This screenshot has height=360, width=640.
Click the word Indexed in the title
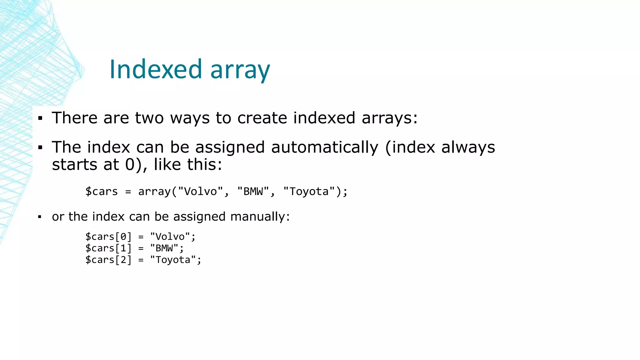[156, 69]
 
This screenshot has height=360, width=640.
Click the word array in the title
[240, 71]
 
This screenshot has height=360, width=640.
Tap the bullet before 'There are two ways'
[40, 118]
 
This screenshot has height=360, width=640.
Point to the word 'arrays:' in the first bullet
[389, 118]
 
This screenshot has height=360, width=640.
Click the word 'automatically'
[324, 147]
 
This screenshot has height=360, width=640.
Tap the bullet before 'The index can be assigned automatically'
[40, 147]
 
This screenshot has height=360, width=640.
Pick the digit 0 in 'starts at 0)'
[130, 165]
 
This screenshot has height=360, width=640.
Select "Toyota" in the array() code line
[309, 192]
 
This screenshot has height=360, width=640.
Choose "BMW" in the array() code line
[253, 192]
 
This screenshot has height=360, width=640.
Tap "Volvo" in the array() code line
[200, 192]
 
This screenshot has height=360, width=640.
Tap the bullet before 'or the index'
[40, 217]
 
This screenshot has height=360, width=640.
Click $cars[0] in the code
[108, 237]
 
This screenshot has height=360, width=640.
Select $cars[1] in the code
[108, 248]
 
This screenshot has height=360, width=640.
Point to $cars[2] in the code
[108, 260]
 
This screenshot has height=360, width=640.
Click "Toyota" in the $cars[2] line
[173, 260]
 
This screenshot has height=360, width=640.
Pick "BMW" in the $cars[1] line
[164, 248]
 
